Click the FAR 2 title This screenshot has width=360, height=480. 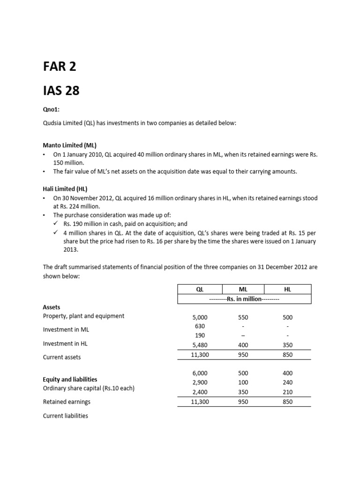(60, 67)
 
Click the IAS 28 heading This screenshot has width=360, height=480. (61, 90)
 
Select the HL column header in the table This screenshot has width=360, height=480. (287, 289)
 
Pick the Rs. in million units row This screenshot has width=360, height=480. (243, 299)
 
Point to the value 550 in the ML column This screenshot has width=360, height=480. (243, 317)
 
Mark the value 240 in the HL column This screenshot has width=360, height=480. (287, 382)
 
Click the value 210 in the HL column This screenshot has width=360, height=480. (287, 392)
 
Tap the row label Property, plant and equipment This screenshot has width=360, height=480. (83, 316)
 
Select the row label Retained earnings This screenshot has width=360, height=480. (67, 402)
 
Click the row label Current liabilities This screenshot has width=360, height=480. (65, 416)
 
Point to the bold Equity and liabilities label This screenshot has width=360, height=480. (70, 379)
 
